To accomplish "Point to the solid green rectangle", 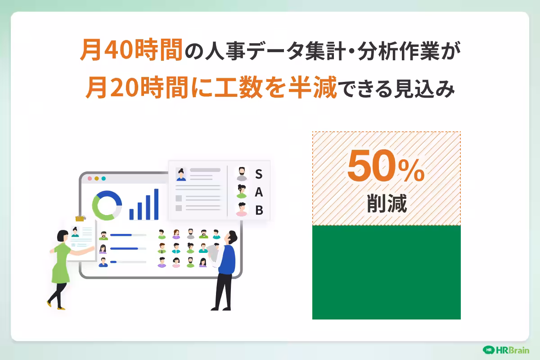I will coord(386,272).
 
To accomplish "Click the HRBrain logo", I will coord(506,350).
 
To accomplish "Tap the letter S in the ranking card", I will coord(259,174).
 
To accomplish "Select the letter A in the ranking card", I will coord(259,192).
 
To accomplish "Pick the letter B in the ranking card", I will coord(259,210).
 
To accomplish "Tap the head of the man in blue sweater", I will coord(231,237).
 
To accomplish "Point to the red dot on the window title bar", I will coord(90,178).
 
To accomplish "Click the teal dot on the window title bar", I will coord(103,178).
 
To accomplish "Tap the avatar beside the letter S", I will coord(242,174).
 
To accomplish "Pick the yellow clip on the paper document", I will coord(80,219).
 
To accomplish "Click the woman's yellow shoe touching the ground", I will coord(61,308).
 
